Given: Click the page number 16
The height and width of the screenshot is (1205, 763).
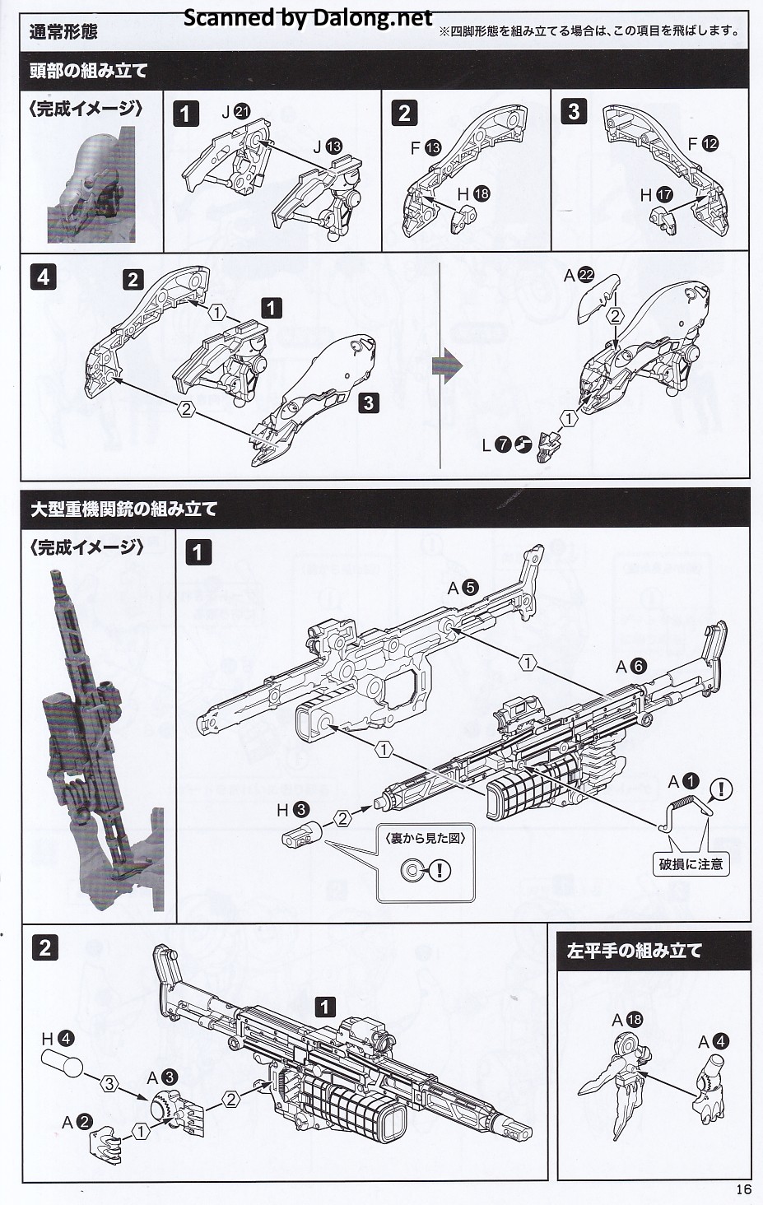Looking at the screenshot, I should coord(743,1189).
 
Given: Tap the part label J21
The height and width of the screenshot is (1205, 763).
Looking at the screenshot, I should coord(235,113).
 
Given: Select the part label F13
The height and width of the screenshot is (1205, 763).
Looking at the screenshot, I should coord(426,148).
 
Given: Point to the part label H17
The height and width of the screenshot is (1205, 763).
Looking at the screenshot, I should coord(656,196).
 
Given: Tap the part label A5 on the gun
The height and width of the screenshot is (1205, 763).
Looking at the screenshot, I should coord(462,588).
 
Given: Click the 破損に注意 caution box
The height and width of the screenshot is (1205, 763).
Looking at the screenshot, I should coord(691,864).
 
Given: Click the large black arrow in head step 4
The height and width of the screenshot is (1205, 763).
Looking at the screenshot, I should coord(449,365).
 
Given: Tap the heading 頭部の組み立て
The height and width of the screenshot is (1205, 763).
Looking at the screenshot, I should coord(88,71).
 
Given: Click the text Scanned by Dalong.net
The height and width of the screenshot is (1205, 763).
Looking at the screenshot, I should coord(308,17).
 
